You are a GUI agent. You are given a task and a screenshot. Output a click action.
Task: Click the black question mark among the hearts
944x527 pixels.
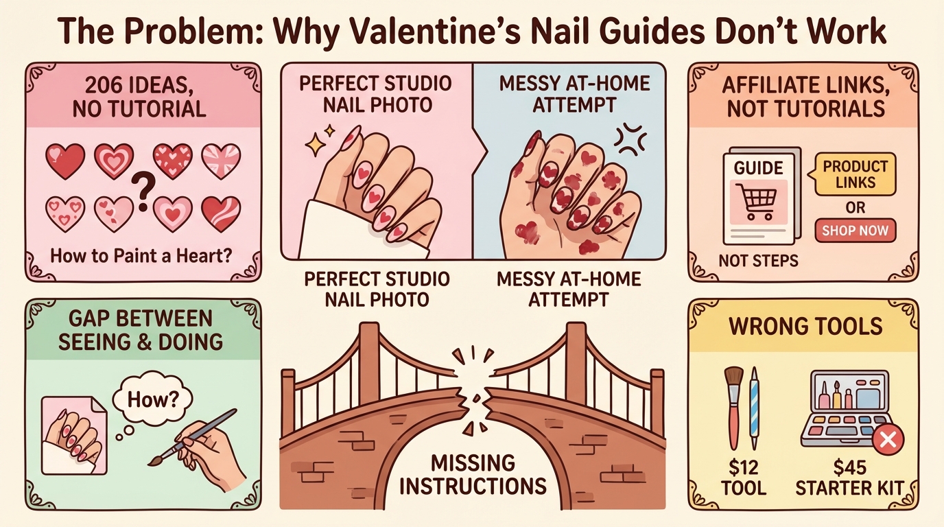[143, 193]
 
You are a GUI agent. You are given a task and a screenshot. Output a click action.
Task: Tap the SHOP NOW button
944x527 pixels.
[855, 230]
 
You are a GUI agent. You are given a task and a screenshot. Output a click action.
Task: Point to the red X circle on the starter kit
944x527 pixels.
[888, 441]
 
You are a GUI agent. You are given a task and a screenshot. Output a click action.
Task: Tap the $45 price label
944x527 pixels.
[849, 467]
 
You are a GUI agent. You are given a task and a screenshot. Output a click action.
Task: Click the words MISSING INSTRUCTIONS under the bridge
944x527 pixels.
[473, 475]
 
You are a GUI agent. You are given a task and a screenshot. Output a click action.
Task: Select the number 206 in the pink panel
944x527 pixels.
[102, 86]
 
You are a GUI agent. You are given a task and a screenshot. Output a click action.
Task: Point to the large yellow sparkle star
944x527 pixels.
[315, 145]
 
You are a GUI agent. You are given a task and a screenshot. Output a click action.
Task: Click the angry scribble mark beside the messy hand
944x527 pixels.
[629, 139]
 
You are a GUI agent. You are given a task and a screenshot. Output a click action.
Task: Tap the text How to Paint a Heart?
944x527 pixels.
[141, 255]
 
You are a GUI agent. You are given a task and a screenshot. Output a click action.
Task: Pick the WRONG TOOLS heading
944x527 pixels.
[805, 327]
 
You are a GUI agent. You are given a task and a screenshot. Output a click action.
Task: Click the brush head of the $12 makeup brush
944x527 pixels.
[734, 379]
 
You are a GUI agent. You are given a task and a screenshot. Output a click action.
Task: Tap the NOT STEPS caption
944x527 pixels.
[758, 261]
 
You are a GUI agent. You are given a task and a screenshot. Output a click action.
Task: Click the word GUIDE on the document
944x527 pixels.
[758, 168]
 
